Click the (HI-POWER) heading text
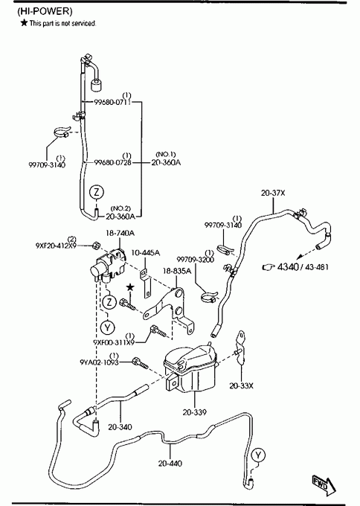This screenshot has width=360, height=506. (x=45, y=11)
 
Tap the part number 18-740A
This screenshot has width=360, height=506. (x=120, y=233)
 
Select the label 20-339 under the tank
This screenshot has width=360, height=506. (x=195, y=412)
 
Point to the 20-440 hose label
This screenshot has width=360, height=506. (x=170, y=464)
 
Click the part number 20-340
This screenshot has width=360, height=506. (x=120, y=427)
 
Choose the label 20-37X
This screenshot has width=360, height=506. (x=273, y=193)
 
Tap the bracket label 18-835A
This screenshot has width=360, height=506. (x=177, y=271)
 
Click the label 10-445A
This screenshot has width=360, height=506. (x=146, y=252)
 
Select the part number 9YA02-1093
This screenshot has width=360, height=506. (x=100, y=362)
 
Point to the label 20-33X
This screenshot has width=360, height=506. (x=241, y=385)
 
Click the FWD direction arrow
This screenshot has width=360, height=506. (x=324, y=484)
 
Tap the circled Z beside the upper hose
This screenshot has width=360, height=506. (x=97, y=192)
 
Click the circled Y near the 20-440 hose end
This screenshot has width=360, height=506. (x=258, y=455)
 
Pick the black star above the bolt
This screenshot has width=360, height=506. (x=129, y=287)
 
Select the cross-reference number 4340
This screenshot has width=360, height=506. (x=288, y=267)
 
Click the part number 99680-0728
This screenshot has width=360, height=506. (x=113, y=162)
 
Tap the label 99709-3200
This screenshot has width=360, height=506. (x=195, y=260)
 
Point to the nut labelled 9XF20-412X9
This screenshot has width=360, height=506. (x=95, y=246)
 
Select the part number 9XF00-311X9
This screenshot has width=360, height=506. (x=114, y=342)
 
